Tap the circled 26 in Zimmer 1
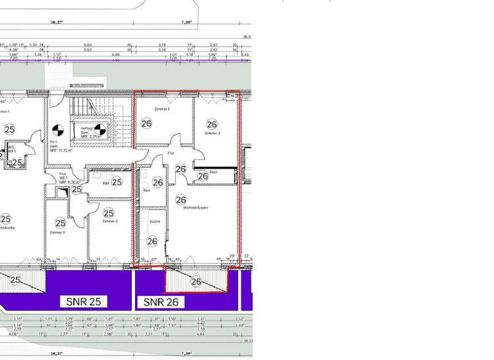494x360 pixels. (x=147, y=123)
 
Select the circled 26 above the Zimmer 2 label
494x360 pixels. (x=212, y=124)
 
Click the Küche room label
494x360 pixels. (x=154, y=221)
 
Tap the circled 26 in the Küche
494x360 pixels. (x=152, y=241)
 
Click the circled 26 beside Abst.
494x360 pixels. (x=203, y=176)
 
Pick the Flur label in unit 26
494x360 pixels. (x=171, y=153)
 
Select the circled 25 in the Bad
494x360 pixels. (x=116, y=182)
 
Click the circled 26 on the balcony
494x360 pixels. (x=196, y=282)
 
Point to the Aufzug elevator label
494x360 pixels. (x=84, y=129)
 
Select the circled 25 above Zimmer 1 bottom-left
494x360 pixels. (x=60, y=223)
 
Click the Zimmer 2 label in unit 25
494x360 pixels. (x=109, y=221)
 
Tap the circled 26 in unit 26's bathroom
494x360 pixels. (x=158, y=182)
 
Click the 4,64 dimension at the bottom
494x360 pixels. (x=201, y=334)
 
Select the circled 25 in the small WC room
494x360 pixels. (x=16, y=163)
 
